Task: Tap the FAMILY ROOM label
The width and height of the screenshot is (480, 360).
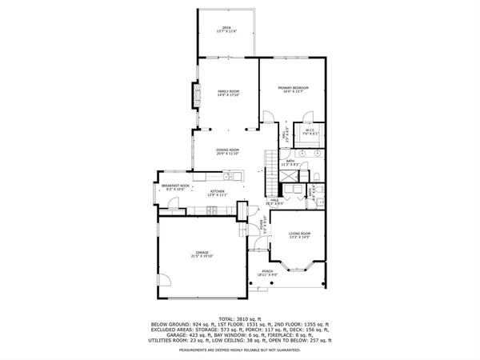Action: pos(230,93)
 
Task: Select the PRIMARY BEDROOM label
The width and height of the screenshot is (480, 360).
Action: pos(293,89)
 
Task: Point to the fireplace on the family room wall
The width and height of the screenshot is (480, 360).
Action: pos(191,98)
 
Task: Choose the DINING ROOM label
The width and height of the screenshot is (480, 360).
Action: pos(228,151)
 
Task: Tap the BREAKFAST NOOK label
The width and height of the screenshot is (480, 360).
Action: pos(174,187)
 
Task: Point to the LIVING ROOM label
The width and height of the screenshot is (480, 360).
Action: pos(299,234)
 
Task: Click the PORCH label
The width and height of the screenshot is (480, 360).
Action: pos(267,273)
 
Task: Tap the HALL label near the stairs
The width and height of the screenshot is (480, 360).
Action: pos(274,202)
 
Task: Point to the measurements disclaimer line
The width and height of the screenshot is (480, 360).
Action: pos(240,350)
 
